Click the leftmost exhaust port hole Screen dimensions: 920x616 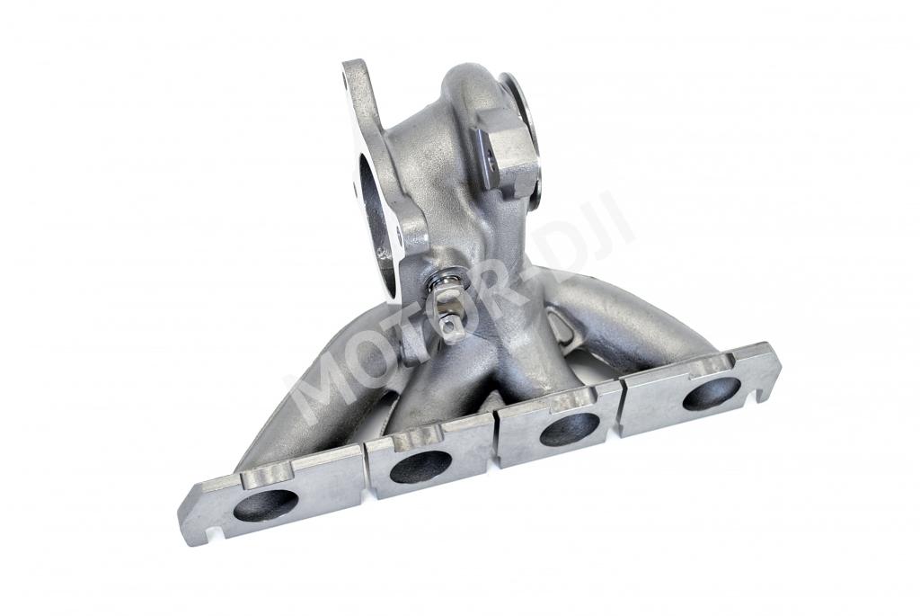[266, 506]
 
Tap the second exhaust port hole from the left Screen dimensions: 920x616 [420, 468]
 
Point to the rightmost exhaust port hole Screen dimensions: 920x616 [712, 394]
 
